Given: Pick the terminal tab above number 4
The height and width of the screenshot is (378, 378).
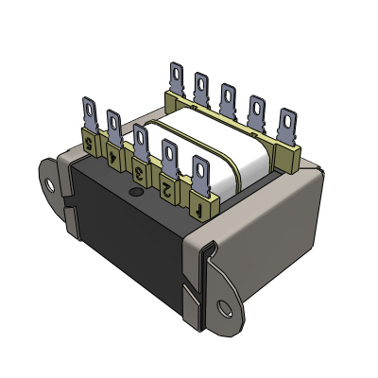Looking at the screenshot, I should point(113,127).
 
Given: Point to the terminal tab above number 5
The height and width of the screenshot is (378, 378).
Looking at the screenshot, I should point(90,114).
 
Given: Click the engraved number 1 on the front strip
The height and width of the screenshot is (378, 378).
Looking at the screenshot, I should point(200,202).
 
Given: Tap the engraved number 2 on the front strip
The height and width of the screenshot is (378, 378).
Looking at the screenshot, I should point(167,188).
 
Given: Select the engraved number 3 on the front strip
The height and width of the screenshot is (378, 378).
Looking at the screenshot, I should point(140,173).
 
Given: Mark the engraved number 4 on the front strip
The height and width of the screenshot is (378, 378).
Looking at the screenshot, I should point(115,158).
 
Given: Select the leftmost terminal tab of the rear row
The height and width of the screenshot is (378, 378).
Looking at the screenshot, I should point(177,77).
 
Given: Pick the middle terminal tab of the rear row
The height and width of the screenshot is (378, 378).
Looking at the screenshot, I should point(229,98).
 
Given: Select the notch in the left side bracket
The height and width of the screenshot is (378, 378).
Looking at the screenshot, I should point(68,200).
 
